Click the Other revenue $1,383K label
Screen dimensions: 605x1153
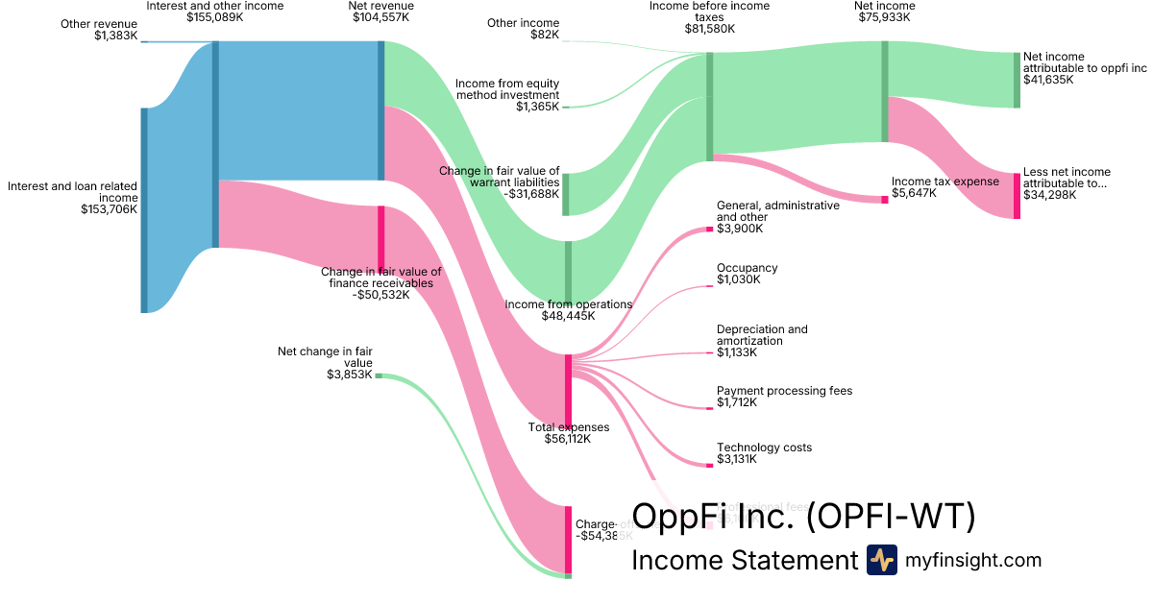99,30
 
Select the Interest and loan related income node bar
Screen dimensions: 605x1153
144,209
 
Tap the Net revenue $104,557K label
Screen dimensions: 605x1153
380,12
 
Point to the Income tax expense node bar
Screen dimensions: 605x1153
885,199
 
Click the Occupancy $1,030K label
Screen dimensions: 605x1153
747,274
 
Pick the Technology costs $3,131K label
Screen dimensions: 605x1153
764,453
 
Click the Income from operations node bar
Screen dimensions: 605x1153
568,271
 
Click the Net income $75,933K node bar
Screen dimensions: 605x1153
885,91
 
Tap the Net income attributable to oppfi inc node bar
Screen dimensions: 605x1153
1016,80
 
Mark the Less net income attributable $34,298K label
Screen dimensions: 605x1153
1066,183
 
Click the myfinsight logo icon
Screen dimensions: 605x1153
881,560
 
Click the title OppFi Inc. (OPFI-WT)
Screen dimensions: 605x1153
803,517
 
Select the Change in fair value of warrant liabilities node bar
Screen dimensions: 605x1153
565,194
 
